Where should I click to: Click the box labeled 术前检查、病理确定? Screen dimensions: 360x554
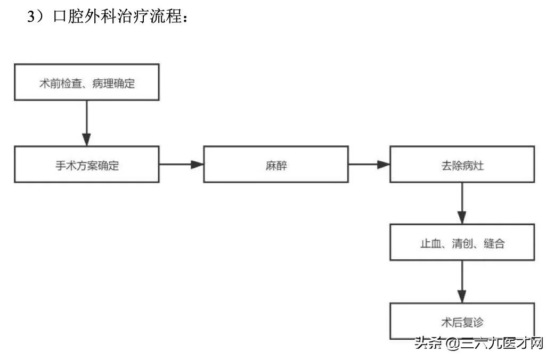86,83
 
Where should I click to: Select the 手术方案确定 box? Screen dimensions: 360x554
86,165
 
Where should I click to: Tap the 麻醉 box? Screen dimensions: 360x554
276,165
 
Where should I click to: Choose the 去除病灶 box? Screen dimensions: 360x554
462,165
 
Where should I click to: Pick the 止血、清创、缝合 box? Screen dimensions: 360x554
462,243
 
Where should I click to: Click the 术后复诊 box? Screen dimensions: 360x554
462,321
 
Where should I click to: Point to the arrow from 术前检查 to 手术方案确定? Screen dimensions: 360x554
86,123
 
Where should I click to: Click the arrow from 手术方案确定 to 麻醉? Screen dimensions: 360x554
181,165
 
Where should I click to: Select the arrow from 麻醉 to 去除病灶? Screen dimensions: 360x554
369,165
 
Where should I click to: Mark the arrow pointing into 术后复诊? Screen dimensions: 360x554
462,282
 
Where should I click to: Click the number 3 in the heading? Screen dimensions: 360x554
31,17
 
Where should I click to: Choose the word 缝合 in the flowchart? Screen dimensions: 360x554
494,244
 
